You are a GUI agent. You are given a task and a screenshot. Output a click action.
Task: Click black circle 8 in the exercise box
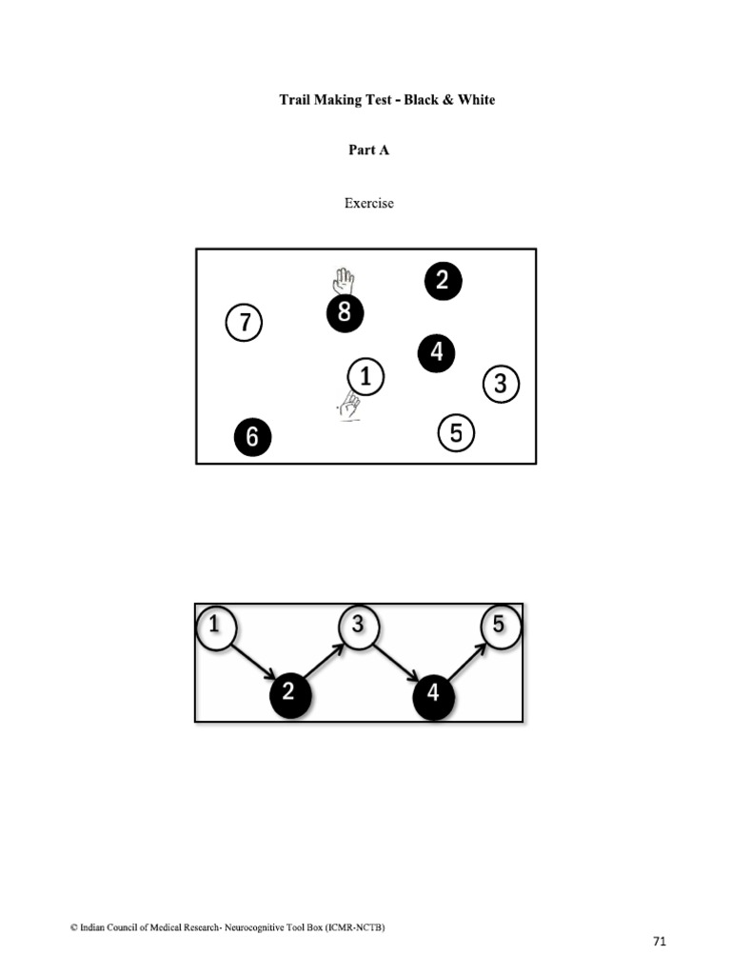point(345,313)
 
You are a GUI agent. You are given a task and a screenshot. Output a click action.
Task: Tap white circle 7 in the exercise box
point(244,323)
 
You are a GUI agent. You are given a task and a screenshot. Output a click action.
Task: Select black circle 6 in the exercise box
point(252,437)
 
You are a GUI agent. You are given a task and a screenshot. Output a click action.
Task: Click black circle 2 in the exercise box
point(443,281)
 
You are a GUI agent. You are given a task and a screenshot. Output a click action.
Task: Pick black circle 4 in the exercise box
point(436,353)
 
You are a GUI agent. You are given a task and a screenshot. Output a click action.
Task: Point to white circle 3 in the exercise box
point(501,385)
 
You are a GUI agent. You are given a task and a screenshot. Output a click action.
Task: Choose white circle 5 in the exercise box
point(456,434)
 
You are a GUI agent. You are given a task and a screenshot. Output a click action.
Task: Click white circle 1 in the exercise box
point(365,377)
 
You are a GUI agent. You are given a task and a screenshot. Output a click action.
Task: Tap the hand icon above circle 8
point(344,282)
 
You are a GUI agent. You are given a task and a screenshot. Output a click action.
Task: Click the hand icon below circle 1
point(349,407)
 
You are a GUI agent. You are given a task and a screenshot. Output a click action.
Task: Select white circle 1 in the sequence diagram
point(216,627)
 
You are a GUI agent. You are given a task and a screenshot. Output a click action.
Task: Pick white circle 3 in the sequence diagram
point(359,627)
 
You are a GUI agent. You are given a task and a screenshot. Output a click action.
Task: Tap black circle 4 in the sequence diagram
point(433,694)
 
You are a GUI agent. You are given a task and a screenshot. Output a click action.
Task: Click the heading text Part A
point(368,150)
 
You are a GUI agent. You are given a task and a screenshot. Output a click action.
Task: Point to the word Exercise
point(368,203)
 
